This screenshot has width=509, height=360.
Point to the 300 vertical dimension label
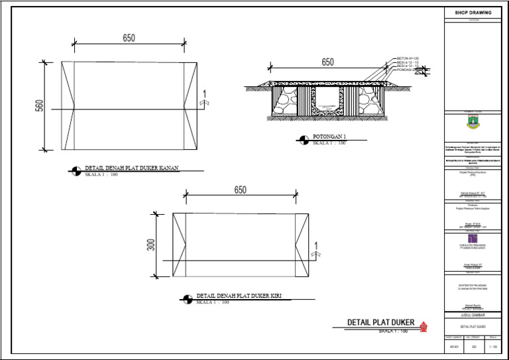[x=150, y=245]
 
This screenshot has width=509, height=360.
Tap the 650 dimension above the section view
[x=327, y=62]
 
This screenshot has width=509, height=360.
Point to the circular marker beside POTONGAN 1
[x=303, y=140]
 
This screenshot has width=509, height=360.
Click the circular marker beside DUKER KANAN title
[x=75, y=171]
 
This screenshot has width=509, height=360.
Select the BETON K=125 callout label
[x=408, y=58]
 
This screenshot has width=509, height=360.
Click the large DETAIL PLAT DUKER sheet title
[x=381, y=323]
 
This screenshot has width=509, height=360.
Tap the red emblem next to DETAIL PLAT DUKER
[x=424, y=325]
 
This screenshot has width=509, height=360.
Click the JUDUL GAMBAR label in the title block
[x=473, y=316]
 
